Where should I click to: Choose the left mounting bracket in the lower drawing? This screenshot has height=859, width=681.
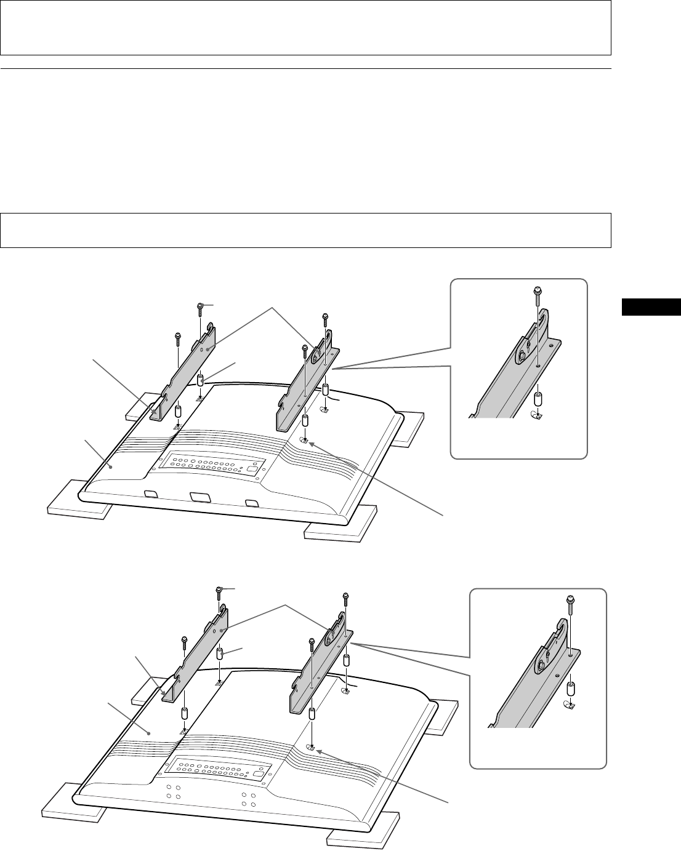point(197,658)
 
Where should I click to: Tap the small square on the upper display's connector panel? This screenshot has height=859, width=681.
point(251,466)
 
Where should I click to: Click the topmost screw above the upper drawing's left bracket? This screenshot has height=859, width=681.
point(200,308)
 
